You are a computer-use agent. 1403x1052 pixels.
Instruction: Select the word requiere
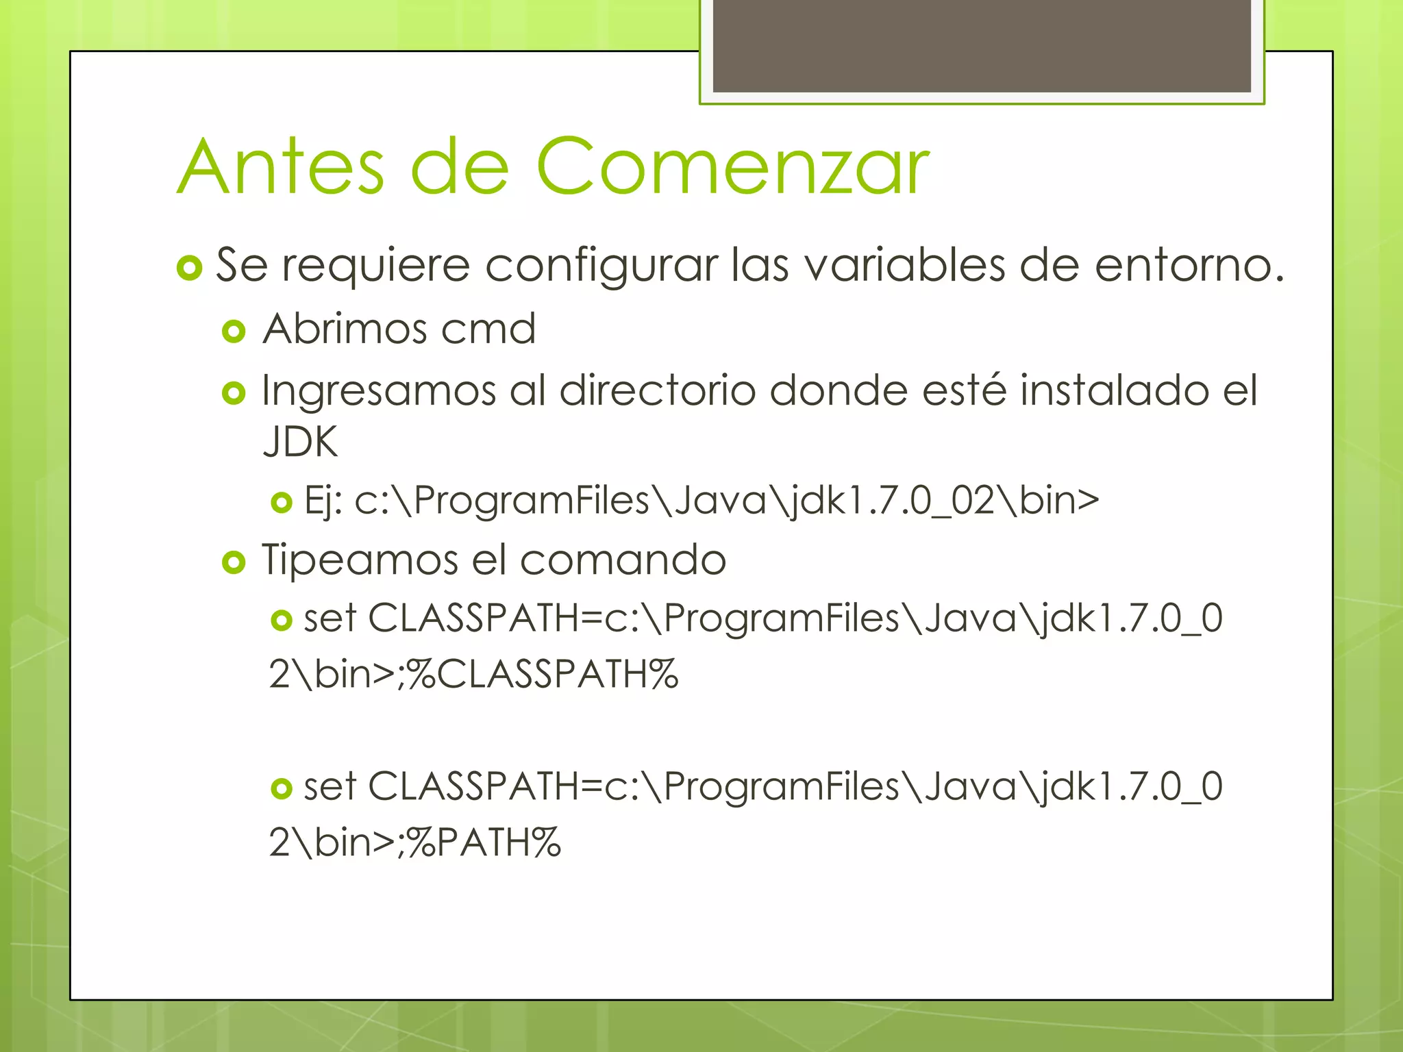(376, 265)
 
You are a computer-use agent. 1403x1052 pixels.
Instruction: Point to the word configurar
(601, 265)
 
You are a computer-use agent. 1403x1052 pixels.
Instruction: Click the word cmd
(488, 329)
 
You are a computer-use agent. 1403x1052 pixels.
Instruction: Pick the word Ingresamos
(379, 391)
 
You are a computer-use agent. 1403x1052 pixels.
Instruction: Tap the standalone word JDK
(300, 442)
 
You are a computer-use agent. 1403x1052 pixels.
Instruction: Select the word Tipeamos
(360, 560)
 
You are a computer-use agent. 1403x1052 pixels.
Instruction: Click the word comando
(623, 560)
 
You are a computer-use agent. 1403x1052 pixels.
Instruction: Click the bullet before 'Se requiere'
(189, 268)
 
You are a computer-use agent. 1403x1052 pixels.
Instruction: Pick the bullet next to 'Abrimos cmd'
(234, 331)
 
